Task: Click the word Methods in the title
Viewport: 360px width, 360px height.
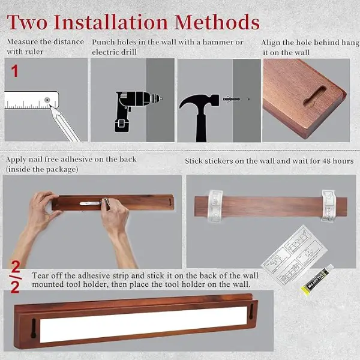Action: [x=217, y=22]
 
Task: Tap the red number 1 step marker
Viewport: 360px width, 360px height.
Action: [x=14, y=71]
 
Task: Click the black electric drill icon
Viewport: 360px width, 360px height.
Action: [x=138, y=111]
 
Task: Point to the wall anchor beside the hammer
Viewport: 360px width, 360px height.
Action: [x=232, y=100]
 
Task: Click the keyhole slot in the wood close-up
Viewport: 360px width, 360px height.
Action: [x=314, y=97]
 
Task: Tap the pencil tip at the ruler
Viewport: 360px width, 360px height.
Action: [x=50, y=106]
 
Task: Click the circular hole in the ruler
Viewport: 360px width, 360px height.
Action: [x=47, y=100]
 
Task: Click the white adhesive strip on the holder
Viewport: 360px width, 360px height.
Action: [x=143, y=324]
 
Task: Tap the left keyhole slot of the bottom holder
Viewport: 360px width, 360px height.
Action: [x=34, y=328]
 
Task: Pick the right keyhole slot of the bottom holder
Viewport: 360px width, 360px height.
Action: [x=251, y=311]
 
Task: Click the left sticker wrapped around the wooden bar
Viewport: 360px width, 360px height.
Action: [x=215, y=206]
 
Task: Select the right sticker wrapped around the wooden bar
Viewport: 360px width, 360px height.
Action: [x=328, y=206]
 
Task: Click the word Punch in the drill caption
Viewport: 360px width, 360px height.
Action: [x=103, y=42]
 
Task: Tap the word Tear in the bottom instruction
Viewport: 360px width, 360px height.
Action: [x=40, y=275]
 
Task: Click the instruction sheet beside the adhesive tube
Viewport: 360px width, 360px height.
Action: [x=295, y=256]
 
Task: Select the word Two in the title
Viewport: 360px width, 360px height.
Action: [x=28, y=22]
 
